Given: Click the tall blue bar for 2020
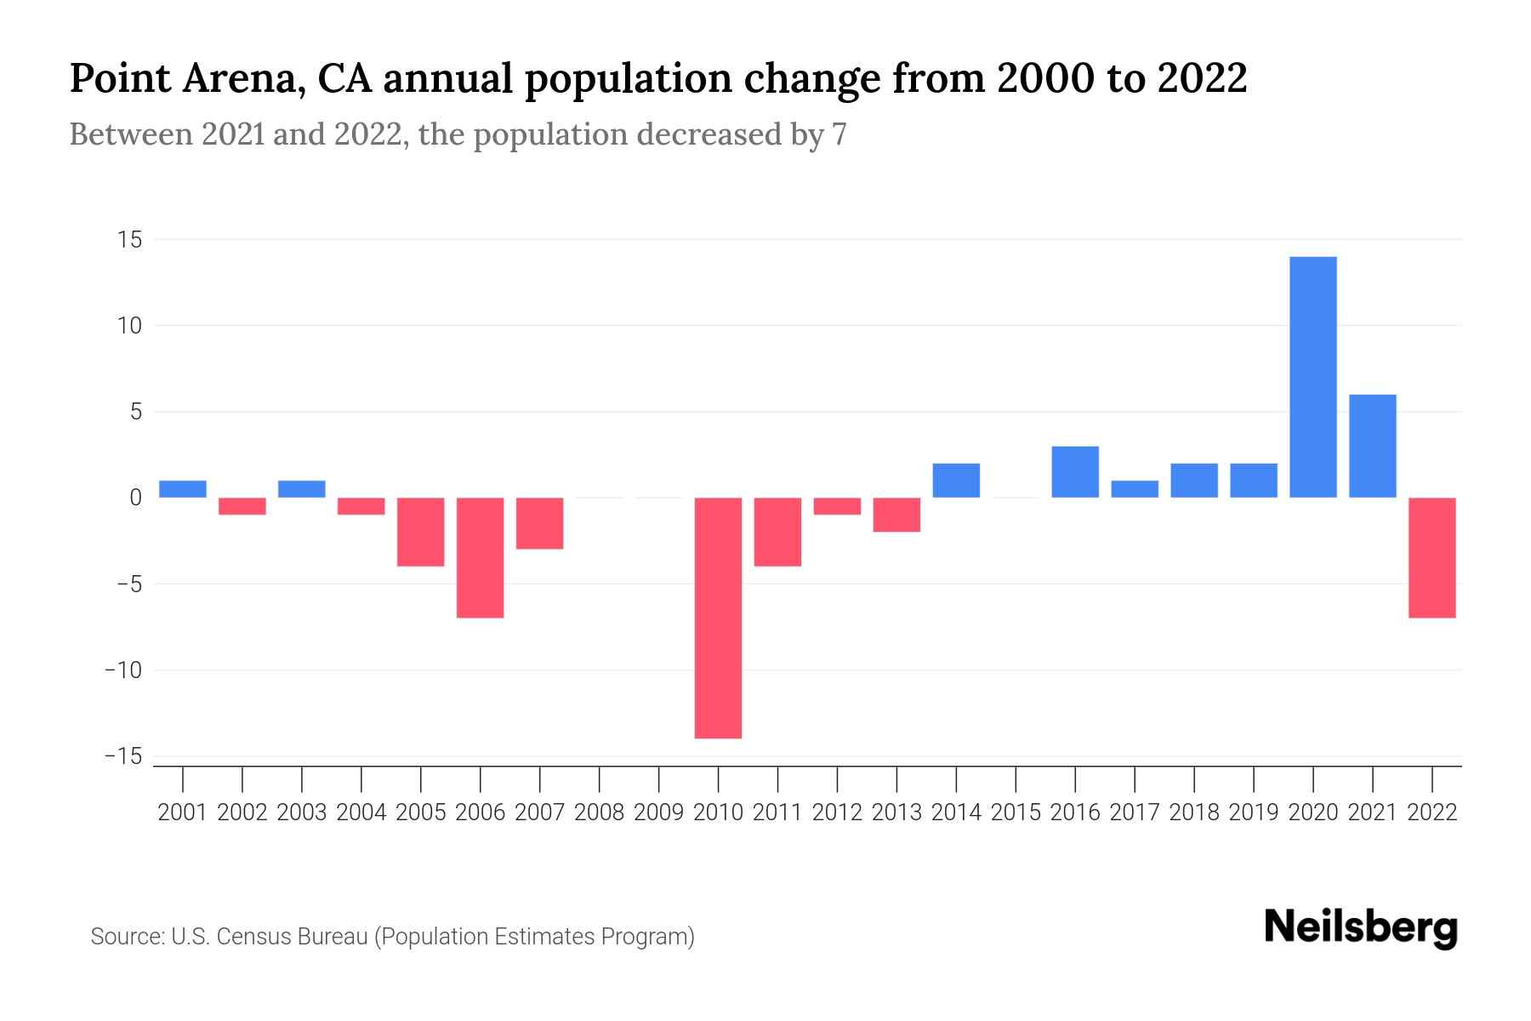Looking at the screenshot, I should [x=1312, y=377].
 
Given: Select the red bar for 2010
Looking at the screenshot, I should [x=718, y=618].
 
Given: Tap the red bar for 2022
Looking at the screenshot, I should [x=1432, y=557].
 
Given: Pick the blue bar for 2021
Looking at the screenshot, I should [x=1372, y=446].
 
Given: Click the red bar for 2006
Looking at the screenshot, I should [x=480, y=557].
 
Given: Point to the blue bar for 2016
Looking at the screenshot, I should [x=1075, y=472].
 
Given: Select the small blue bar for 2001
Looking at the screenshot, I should [x=183, y=489].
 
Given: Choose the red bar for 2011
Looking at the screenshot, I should [x=777, y=532].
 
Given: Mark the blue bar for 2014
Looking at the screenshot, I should [x=956, y=481].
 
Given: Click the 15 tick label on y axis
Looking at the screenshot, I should [x=129, y=240].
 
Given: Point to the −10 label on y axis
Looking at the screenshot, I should [x=122, y=670].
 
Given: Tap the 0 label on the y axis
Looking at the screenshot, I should [x=135, y=498].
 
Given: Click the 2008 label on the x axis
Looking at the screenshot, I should [x=599, y=813].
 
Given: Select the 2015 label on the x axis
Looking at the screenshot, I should [x=1016, y=813].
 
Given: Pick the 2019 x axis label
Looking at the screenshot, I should [x=1253, y=813].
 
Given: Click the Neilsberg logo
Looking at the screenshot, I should [x=1360, y=927].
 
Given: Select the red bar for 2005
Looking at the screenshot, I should [x=420, y=532].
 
